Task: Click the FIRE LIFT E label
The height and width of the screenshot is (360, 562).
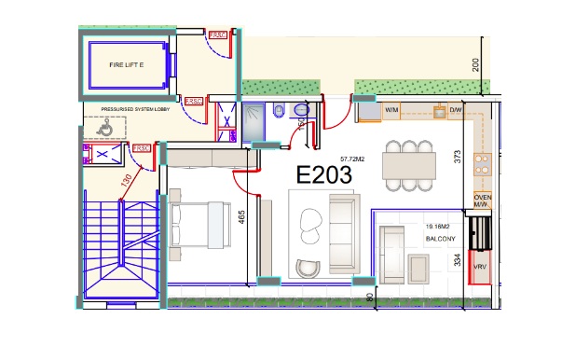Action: pyautogui.click(x=127, y=65)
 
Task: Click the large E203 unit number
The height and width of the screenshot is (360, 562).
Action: pyautogui.click(x=323, y=175)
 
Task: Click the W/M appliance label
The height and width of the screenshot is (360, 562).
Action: pyautogui.click(x=393, y=111)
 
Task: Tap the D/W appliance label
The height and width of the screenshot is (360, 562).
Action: pyautogui.click(x=456, y=111)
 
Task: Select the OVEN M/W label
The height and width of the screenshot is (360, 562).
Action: pyautogui.click(x=483, y=202)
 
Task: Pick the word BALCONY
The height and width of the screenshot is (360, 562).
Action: pyautogui.click(x=440, y=239)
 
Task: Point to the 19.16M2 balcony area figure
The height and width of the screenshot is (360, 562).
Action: pyautogui.click(x=439, y=226)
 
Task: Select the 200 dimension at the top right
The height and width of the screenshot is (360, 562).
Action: pyautogui.click(x=475, y=64)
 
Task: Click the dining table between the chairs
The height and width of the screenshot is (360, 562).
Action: pyautogui.click(x=409, y=169)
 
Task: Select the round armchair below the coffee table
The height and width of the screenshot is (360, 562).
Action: pyautogui.click(x=307, y=268)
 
